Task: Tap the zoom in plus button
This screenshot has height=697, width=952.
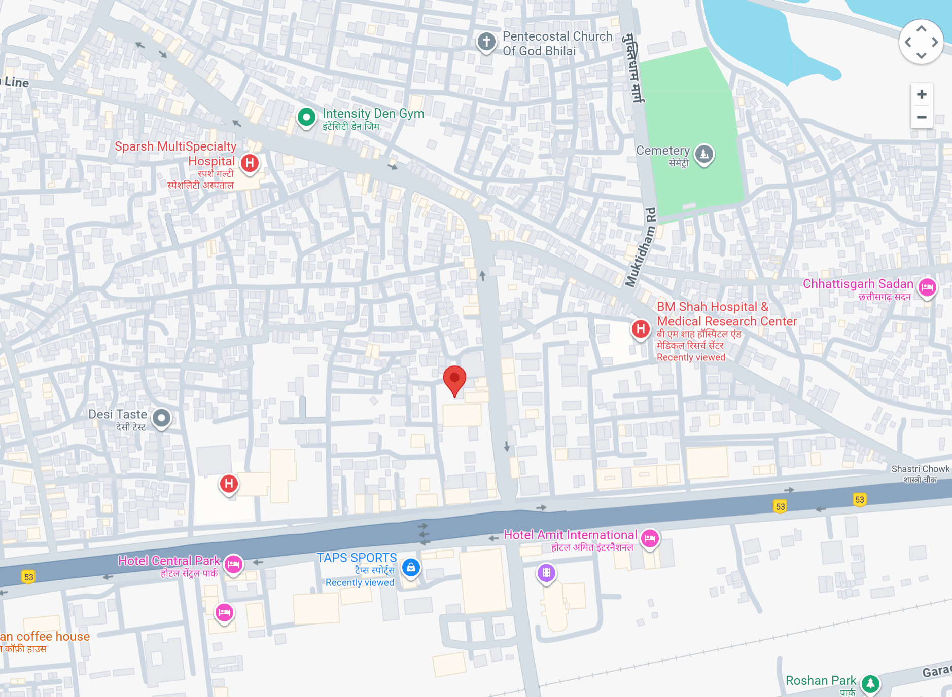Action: pyautogui.click(x=922, y=94)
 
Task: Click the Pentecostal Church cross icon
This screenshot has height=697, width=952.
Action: pyautogui.click(x=486, y=42)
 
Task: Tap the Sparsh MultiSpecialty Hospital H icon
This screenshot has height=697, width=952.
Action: pyautogui.click(x=250, y=163)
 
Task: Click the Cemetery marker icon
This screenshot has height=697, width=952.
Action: pyautogui.click(x=704, y=154)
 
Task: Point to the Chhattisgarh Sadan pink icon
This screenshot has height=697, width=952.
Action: pyautogui.click(x=927, y=287)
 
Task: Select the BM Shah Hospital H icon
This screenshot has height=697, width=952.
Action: pyautogui.click(x=641, y=329)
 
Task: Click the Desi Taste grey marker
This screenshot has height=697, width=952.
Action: pyautogui.click(x=162, y=418)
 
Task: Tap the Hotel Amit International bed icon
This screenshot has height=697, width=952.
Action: pyautogui.click(x=650, y=538)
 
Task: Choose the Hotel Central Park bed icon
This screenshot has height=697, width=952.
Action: pyautogui.click(x=233, y=564)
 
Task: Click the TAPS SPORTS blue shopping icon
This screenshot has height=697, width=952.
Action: pyautogui.click(x=411, y=567)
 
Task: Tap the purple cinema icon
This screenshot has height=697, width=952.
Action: pyautogui.click(x=546, y=573)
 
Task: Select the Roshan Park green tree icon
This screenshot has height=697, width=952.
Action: pyautogui.click(x=870, y=683)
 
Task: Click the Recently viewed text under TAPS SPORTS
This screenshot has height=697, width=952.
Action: pyautogui.click(x=360, y=583)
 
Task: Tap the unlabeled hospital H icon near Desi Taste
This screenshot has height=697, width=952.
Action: pyautogui.click(x=229, y=484)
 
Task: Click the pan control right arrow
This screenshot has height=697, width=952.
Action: pyautogui.click(x=935, y=42)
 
